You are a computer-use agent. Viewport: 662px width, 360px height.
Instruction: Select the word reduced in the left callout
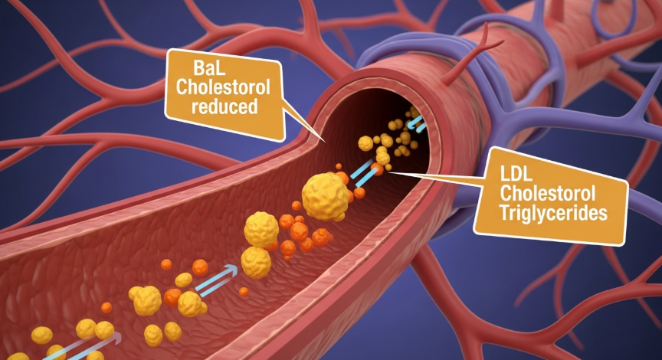click(224, 106)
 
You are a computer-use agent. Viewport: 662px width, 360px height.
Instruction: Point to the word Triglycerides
click(553, 212)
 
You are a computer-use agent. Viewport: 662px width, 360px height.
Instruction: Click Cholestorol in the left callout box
click(223, 87)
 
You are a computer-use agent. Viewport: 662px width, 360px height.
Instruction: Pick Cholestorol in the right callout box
click(548, 193)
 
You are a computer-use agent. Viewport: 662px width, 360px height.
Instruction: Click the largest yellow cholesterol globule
click(325, 197)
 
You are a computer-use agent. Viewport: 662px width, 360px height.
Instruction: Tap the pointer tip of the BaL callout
click(325, 142)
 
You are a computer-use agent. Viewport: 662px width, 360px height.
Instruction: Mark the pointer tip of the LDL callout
click(386, 172)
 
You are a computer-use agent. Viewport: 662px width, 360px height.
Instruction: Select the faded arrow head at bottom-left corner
click(115, 338)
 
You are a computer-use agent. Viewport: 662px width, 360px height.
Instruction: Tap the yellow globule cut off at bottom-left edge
click(18, 356)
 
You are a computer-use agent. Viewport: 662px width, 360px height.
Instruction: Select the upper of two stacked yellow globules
click(261, 229)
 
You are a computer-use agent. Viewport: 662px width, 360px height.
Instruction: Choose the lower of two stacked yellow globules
click(256, 263)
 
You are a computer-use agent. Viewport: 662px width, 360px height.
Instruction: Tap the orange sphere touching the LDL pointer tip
click(377, 169)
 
